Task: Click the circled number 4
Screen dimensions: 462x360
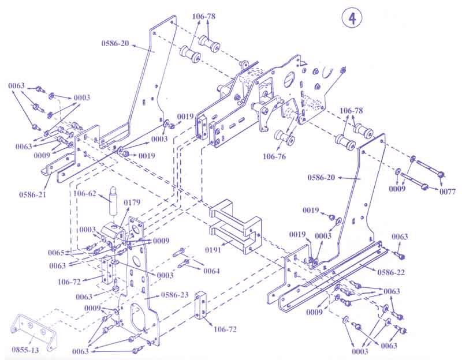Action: tap(352, 18)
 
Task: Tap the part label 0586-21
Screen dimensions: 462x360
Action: tap(33, 194)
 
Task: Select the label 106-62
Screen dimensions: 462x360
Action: tap(85, 193)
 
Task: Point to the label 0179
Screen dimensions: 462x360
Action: tap(132, 202)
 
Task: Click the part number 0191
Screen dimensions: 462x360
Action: tap(213, 250)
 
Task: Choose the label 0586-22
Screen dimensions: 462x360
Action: tap(391, 272)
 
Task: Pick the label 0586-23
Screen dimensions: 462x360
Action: tap(175, 295)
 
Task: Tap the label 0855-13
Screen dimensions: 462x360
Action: tap(25, 350)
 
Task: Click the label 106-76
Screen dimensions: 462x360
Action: tap(274, 156)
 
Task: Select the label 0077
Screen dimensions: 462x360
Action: tap(448, 192)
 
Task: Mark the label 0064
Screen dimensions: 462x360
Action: tap(211, 271)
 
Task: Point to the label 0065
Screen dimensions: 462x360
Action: tap(56, 253)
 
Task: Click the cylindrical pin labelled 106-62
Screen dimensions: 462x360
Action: tap(114, 201)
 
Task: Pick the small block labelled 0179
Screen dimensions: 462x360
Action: tap(113, 232)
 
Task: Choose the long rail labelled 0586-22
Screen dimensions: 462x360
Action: tap(333, 276)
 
